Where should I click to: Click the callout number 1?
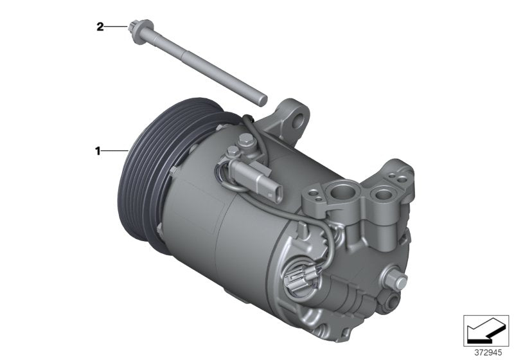98,151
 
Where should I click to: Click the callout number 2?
100,26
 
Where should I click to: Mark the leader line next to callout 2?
117,26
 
